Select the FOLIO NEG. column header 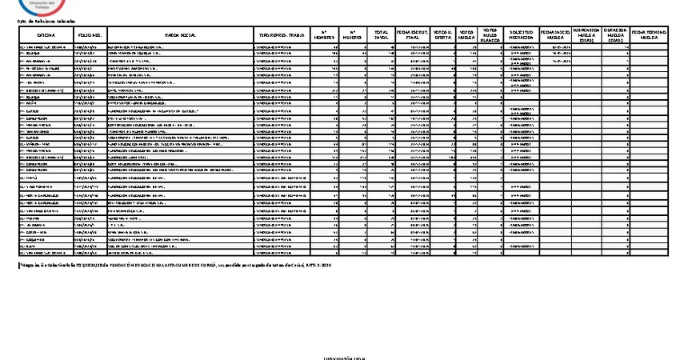[89, 36]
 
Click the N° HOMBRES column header [323, 36]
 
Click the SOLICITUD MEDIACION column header [522, 36]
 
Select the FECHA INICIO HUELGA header [556, 36]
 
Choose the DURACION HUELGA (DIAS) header [614, 36]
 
